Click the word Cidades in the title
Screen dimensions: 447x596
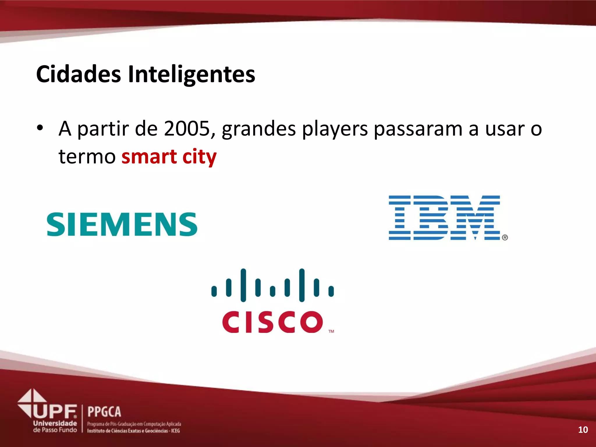tap(78, 74)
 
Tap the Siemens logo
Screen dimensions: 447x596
tap(122, 224)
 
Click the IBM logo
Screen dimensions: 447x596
tap(444, 217)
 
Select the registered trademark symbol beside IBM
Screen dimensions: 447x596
tap(505, 237)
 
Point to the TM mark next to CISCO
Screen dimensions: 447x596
tap(331, 331)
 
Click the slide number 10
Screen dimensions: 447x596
tap(583, 430)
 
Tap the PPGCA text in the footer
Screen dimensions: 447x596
tap(104, 412)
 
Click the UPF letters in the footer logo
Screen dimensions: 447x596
tap(55, 411)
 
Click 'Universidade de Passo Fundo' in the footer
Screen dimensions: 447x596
tap(55, 427)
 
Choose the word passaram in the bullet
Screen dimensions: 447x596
tap(418, 129)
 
